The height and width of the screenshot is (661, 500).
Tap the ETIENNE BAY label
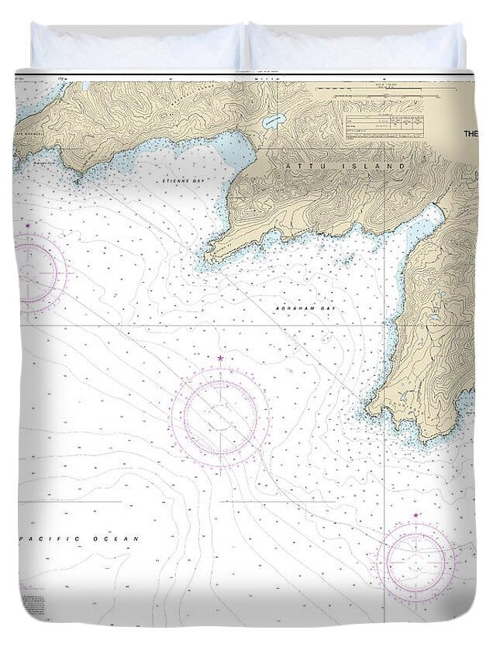click(x=178, y=180)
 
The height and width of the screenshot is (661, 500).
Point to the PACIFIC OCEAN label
click(x=77, y=539)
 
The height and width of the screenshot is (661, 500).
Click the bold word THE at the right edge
click(x=471, y=133)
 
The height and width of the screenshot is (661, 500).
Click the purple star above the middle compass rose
click(x=220, y=359)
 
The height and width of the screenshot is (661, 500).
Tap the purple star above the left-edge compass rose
click(x=28, y=225)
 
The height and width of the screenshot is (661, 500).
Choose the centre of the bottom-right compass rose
click(x=416, y=559)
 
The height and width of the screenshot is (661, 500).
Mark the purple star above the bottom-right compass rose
click(x=416, y=515)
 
